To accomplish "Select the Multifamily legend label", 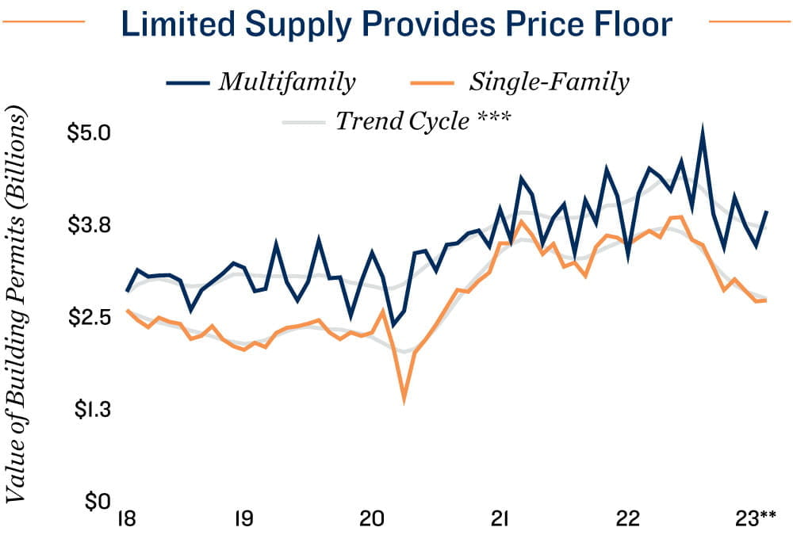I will (287, 82).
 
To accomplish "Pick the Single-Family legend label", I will (550, 82).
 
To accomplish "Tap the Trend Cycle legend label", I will (401, 121).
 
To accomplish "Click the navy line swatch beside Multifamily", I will (189, 82).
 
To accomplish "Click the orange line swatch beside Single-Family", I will (435, 82).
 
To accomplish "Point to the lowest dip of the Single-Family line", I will (404, 400).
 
